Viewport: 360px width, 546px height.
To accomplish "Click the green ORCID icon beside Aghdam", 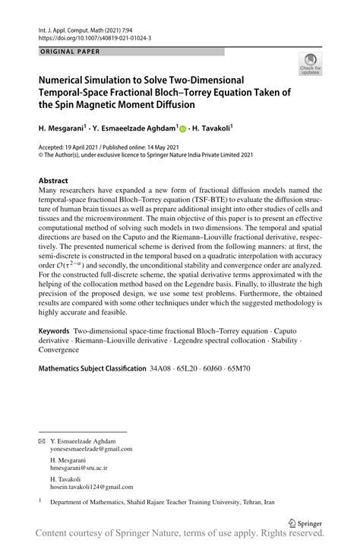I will [182, 130].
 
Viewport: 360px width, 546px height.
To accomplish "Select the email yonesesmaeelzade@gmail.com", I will [90, 448].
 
